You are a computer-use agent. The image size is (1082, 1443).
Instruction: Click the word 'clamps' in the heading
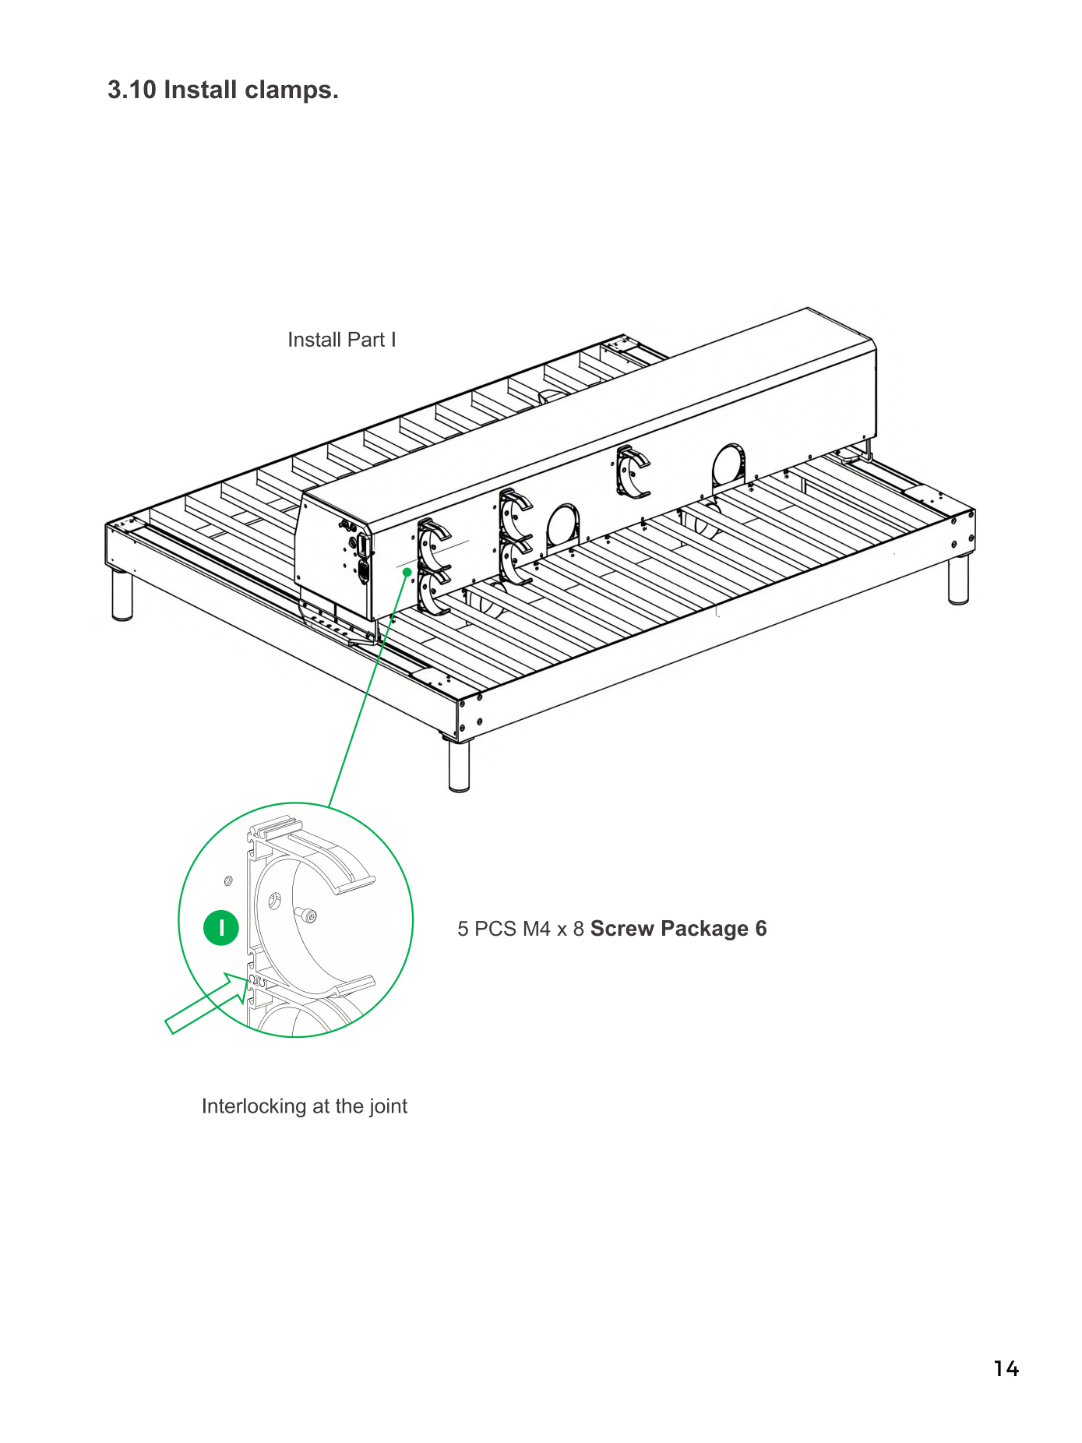pos(291,91)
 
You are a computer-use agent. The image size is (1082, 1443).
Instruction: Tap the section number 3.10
pos(132,90)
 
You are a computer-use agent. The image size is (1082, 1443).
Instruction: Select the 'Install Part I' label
pos(342,340)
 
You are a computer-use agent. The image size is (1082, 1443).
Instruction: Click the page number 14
pos(1006,1369)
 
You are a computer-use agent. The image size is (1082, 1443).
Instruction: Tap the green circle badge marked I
pos(221,928)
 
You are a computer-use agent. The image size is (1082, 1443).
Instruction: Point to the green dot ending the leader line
pos(407,572)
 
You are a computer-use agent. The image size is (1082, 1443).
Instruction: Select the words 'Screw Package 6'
pos(678,929)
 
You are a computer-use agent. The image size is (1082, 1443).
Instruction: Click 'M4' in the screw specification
pos(537,929)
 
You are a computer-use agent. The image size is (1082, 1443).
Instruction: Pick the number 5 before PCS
pos(463,929)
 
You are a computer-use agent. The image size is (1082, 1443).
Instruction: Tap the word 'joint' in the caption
pos(388,1106)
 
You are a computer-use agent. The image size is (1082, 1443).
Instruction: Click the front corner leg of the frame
pos(459,766)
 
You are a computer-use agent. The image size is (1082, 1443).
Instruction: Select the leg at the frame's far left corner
pos(122,595)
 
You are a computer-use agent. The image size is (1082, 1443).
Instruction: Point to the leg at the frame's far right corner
pos(958,579)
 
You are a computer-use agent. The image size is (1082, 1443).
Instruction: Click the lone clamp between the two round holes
pos(632,471)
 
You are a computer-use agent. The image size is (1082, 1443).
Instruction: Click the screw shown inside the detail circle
pos(306,914)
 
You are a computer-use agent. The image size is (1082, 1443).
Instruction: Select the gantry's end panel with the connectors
pos(336,556)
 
